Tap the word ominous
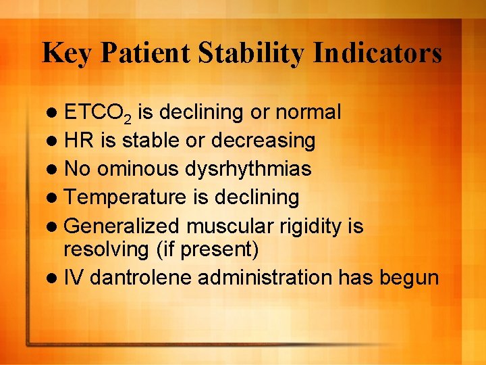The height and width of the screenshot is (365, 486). (x=138, y=169)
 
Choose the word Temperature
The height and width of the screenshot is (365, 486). (x=125, y=197)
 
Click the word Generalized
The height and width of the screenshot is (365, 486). (x=122, y=226)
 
